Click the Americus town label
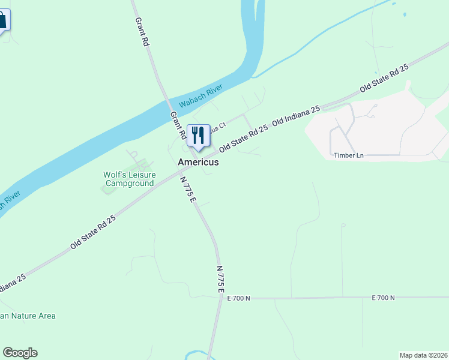198,162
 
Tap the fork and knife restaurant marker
199,136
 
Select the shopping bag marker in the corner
2,20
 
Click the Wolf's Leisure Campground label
129,179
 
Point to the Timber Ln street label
349,155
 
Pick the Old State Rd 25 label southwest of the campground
92,232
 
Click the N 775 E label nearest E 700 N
220,280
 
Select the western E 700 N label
238,298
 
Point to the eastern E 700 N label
383,298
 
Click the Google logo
20,353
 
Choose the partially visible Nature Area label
28,316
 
